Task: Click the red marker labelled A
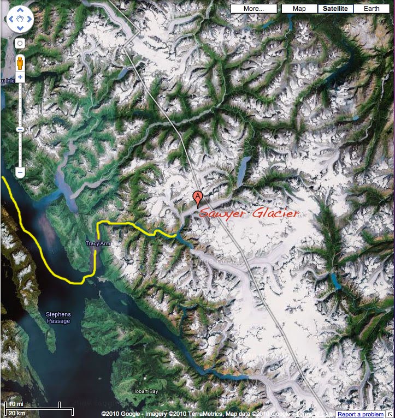coord(198,198)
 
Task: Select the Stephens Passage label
coord(58,318)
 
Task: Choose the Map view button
coord(299,9)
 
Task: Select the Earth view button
coord(372,9)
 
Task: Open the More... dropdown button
coord(253,9)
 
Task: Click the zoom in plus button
coord(20,77)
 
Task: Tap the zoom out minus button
coord(20,172)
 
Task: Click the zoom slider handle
coord(20,129)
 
